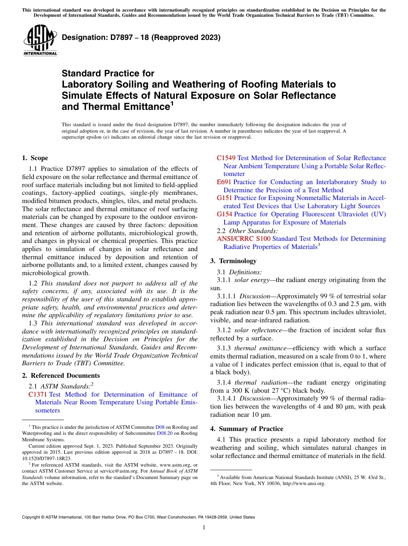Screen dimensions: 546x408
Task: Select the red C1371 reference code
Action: pos(37,394)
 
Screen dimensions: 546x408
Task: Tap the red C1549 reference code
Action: pos(226,158)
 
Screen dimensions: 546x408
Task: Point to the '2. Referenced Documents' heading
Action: pos(55,375)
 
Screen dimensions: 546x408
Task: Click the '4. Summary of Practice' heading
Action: pos(247,428)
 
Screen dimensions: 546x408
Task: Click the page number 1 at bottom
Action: pos(204,527)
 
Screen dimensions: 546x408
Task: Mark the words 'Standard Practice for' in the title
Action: pos(108,73)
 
